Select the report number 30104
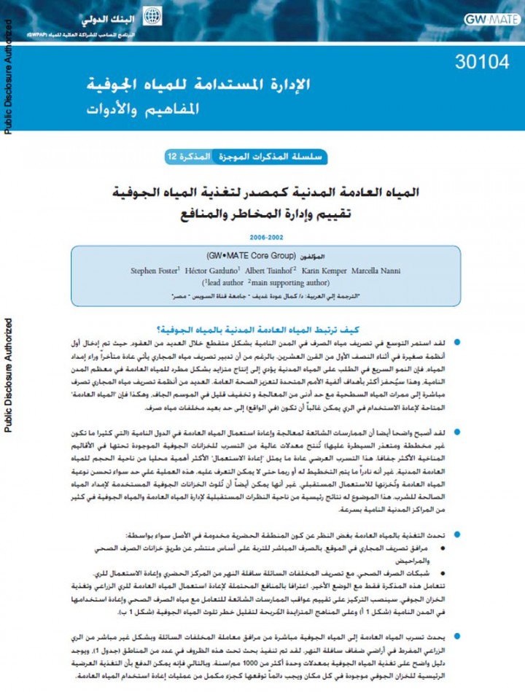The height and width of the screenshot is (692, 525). [481, 63]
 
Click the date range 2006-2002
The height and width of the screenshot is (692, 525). [267, 237]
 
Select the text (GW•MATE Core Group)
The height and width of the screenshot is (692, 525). [250, 257]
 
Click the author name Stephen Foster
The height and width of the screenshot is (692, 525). [155, 271]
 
